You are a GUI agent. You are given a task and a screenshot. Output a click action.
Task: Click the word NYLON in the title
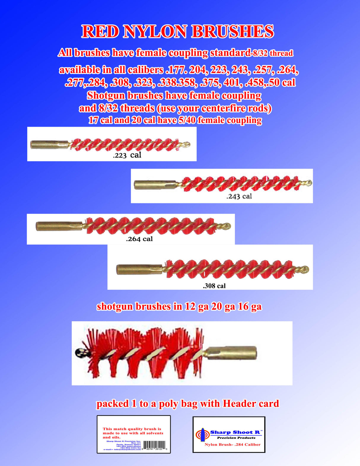tap(155, 32)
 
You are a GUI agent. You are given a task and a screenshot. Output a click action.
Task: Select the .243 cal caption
tap(239, 196)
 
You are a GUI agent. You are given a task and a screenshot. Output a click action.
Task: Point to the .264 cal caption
tap(139, 239)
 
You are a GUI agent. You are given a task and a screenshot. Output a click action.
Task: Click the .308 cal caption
tap(214, 286)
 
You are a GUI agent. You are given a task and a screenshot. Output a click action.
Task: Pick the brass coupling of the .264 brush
tap(59, 226)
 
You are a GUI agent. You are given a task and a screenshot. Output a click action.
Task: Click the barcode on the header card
tap(154, 445)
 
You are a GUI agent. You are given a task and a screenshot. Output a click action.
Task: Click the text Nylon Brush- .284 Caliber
tap(232, 444)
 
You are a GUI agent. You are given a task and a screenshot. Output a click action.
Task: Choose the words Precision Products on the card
tap(236, 438)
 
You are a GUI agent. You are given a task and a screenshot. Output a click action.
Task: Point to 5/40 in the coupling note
tap(187, 120)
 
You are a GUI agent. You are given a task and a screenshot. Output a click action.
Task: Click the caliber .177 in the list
tap(175, 70)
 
